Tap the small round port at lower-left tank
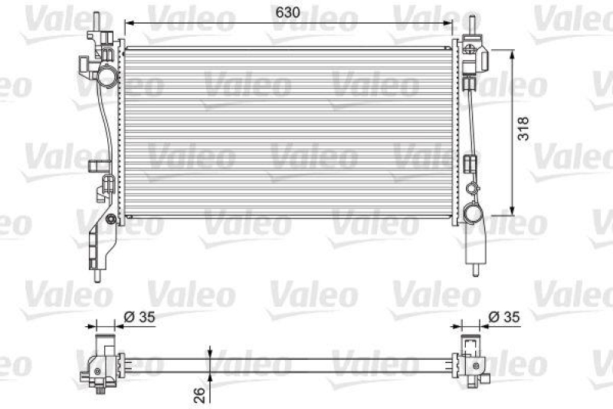112,221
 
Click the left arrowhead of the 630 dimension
127,22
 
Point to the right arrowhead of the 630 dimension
453,22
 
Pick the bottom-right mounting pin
474,271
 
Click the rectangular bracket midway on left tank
98,164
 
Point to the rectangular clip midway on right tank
470,163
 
